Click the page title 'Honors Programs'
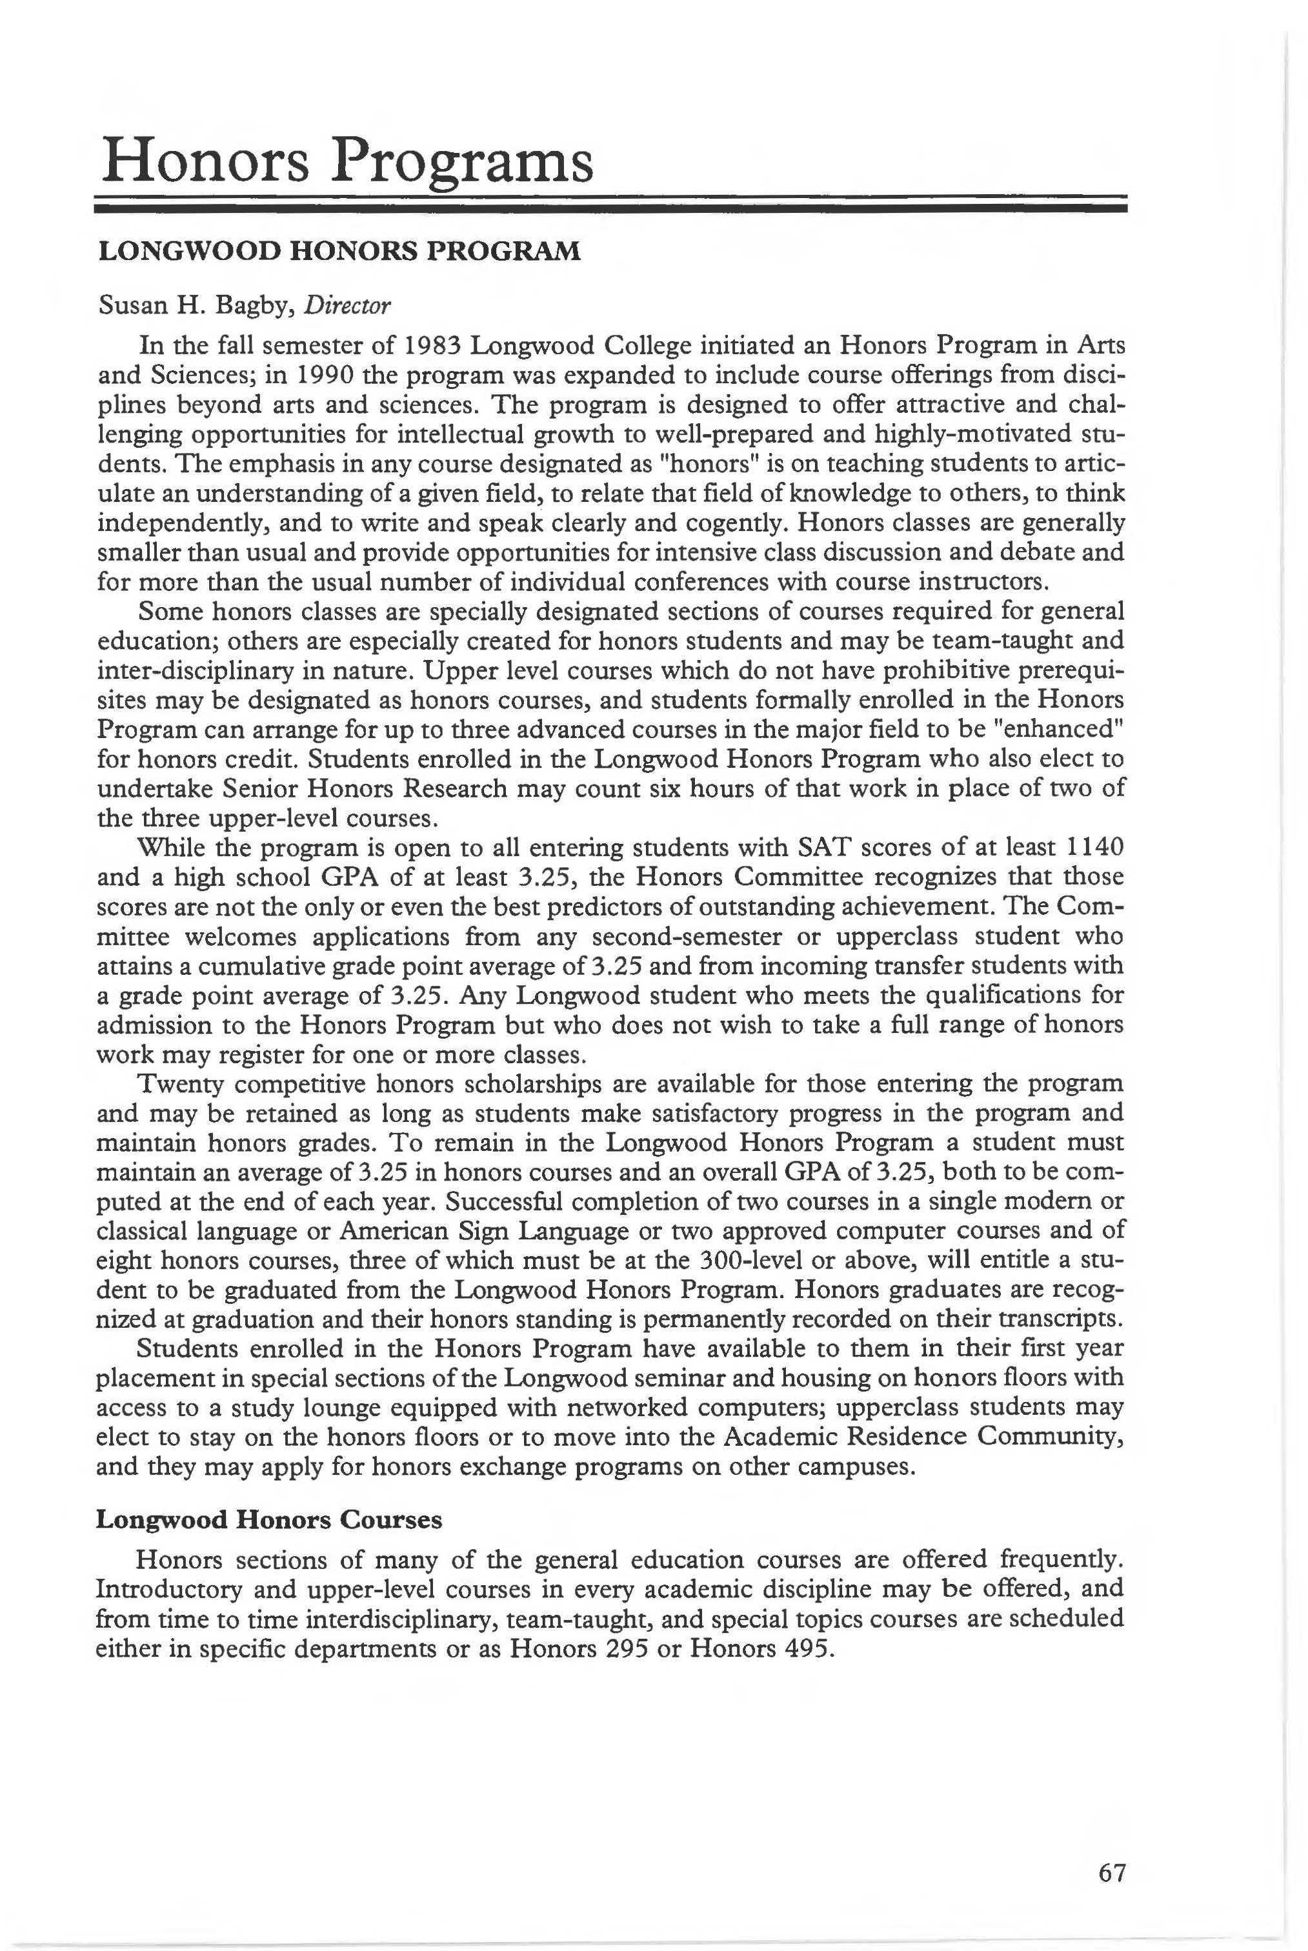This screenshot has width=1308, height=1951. coord(346,162)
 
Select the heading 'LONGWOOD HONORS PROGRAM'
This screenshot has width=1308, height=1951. coord(339,251)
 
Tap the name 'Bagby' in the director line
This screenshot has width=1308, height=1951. coord(254,306)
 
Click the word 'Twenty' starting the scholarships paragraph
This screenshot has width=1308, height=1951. coord(179,1083)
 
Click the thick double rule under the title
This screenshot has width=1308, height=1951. coord(612,206)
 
